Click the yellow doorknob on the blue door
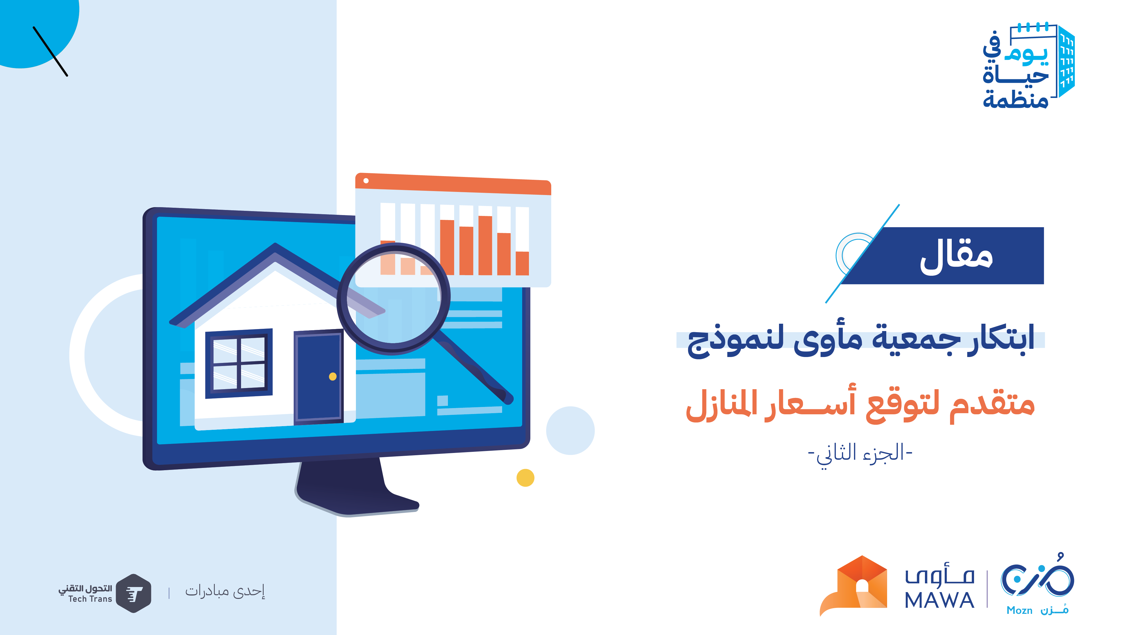tap(333, 376)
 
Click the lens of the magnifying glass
tap(393, 298)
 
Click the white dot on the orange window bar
tap(366, 181)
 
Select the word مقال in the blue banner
tap(956, 257)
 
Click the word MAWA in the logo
tap(939, 600)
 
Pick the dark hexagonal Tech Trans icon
tap(134, 593)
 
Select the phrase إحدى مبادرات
tap(225, 592)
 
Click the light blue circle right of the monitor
tap(570, 430)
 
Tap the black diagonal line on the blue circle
tap(51, 52)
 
